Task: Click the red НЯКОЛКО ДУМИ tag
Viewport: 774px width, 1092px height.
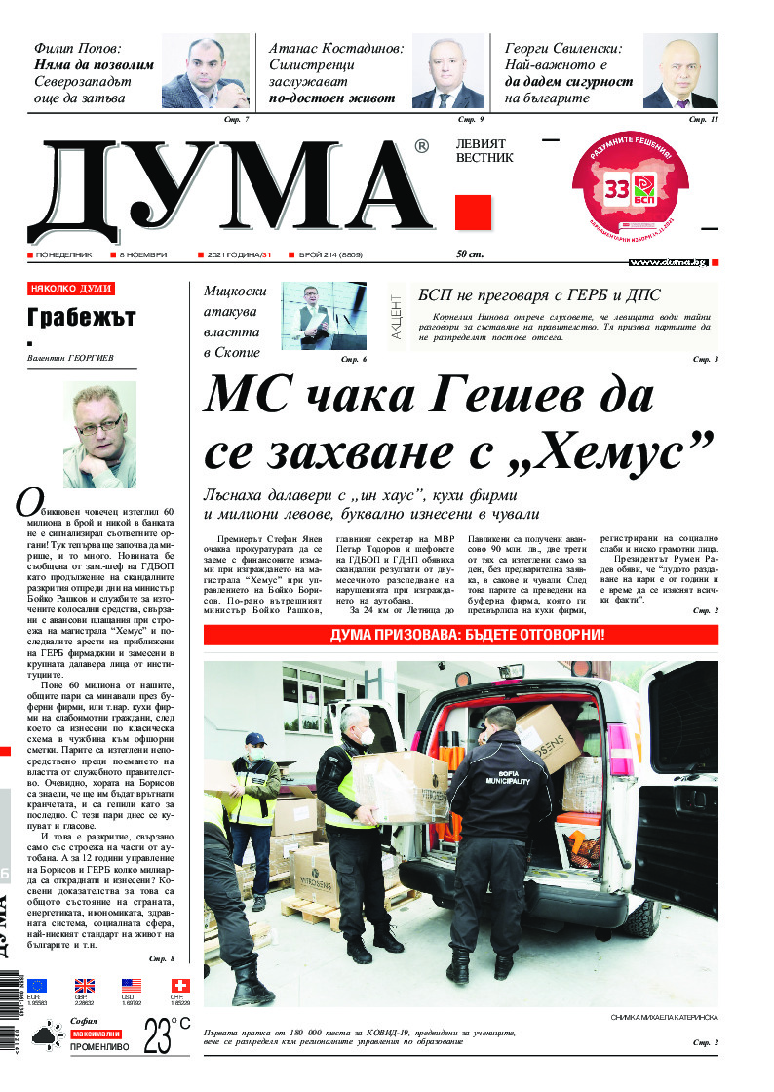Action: click(72, 289)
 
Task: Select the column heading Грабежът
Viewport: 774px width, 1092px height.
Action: click(82, 318)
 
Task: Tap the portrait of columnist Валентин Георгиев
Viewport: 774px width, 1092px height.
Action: click(99, 435)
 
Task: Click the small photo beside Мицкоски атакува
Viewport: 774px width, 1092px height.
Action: click(325, 316)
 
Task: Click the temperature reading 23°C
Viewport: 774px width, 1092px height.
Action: click(167, 1034)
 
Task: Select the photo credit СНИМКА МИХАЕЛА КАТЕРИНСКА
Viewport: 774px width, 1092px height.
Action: click(664, 1017)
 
